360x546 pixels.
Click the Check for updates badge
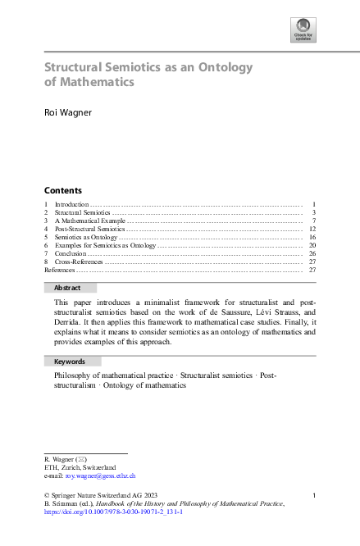pyautogui.click(x=303, y=30)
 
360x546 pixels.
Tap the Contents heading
pyautogui.click(x=62, y=190)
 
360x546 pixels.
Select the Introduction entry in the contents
pyautogui.click(x=71, y=203)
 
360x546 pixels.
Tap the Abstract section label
pyautogui.click(x=67, y=288)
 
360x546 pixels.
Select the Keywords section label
pyautogui.click(x=70, y=362)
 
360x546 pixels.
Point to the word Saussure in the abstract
pyautogui.click(x=227, y=313)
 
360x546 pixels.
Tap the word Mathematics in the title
pyautogui.click(x=94, y=82)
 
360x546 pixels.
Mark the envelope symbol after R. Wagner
pyautogui.click(x=80, y=459)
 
